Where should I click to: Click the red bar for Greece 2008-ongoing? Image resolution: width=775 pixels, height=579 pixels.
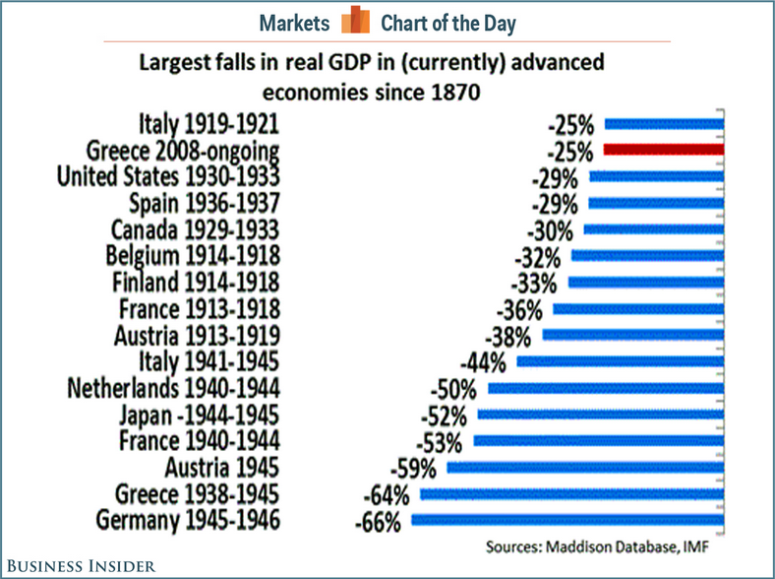664,151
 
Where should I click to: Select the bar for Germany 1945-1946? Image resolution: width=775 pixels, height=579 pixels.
567,520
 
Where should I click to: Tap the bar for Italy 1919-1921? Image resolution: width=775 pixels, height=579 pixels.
665,124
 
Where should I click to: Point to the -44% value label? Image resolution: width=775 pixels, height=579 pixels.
485,361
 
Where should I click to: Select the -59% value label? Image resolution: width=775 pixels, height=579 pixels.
414,467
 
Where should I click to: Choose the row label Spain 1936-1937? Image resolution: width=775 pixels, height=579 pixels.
205,204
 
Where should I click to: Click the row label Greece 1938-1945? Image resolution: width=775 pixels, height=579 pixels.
198,493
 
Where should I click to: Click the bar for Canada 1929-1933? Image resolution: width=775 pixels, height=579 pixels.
654,229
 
